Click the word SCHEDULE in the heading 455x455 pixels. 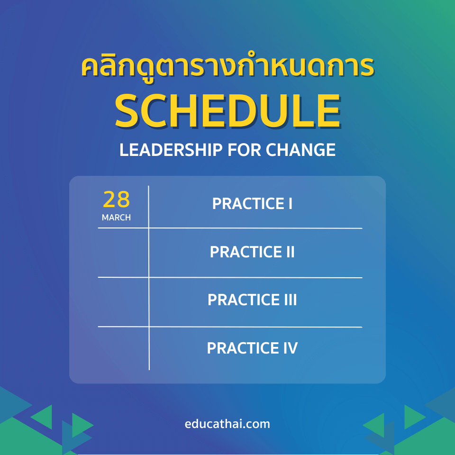point(227,112)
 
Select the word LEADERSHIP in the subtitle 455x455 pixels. point(171,150)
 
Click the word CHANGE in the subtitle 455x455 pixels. point(300,150)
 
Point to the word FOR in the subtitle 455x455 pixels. point(244,150)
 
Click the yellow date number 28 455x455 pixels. point(116,200)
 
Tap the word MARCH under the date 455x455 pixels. point(116,218)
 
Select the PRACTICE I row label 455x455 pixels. point(252,204)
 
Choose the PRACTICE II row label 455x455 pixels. point(252,252)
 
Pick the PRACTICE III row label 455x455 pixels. point(252,300)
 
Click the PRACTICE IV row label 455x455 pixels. point(252,348)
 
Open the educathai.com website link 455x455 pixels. point(227,424)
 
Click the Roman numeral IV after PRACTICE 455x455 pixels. point(290,348)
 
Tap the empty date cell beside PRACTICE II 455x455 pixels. point(123,253)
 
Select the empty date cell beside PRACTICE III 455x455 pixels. point(123,302)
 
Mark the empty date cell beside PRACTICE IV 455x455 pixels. point(123,348)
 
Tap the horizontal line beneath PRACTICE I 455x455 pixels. point(256,228)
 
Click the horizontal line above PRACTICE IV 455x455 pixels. point(256,327)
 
